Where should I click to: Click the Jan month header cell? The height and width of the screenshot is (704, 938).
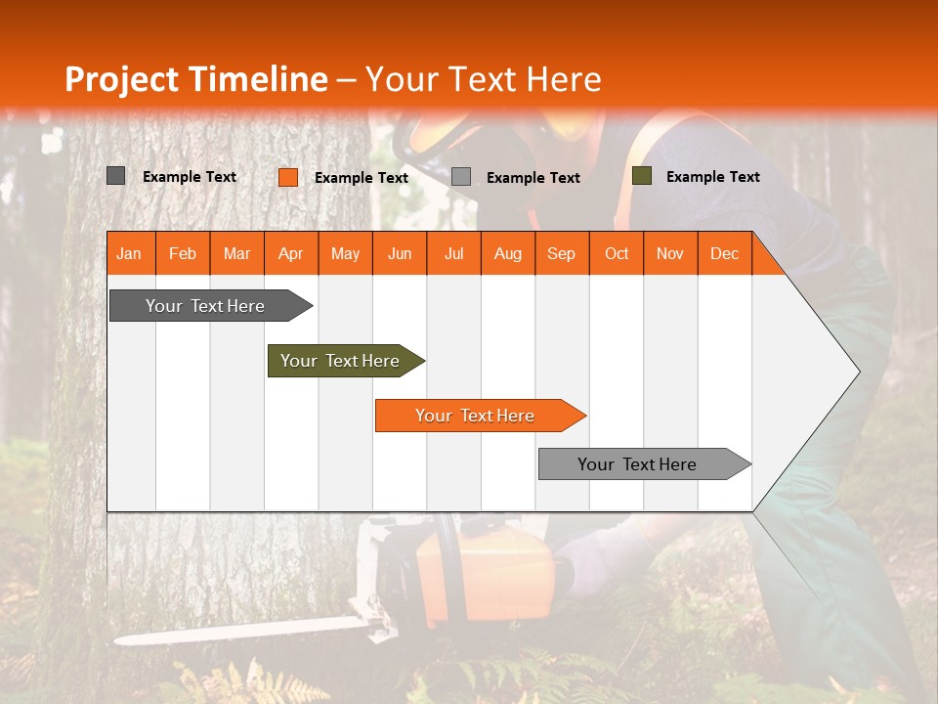pyautogui.click(x=130, y=253)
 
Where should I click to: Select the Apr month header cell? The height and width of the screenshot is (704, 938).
pyautogui.click(x=290, y=253)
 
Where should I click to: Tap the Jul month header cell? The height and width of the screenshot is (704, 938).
pyautogui.click(x=453, y=253)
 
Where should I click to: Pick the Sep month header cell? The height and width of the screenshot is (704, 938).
pyautogui.click(x=561, y=253)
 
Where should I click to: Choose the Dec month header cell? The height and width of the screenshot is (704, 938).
pyautogui.click(x=724, y=253)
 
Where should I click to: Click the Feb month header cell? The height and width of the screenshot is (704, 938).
pyautogui.click(x=183, y=253)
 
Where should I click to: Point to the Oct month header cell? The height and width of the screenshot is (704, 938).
pyautogui.click(x=617, y=253)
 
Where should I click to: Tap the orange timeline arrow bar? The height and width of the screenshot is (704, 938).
pyautogui.click(x=476, y=416)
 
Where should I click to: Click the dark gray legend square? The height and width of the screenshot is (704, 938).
pyautogui.click(x=116, y=176)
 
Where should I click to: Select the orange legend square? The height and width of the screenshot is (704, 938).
pyautogui.click(x=288, y=177)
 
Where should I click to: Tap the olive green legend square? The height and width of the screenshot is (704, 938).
pyautogui.click(x=641, y=176)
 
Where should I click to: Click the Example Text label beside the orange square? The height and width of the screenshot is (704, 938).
pyautogui.click(x=362, y=178)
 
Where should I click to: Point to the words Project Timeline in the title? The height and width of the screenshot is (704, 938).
pyautogui.click(x=195, y=79)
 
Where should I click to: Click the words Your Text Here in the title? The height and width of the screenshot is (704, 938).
pyautogui.click(x=484, y=79)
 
